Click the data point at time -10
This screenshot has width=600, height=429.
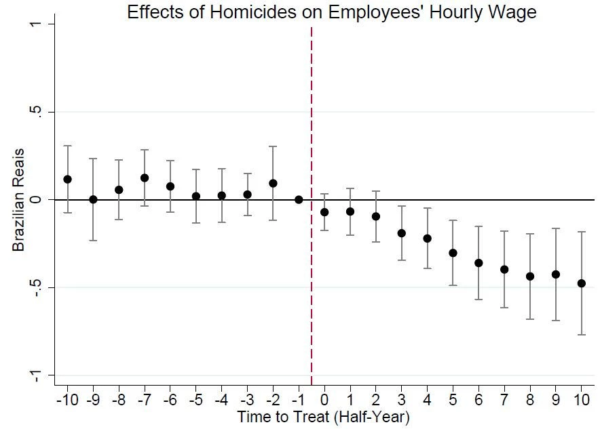67,179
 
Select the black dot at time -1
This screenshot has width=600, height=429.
299,199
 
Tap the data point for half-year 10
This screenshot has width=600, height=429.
581,283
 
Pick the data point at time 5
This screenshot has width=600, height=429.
453,253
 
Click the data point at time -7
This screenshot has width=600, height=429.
145,178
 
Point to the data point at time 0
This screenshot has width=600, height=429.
324,212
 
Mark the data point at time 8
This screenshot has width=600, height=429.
530,276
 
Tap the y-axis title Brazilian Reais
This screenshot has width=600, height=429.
18,200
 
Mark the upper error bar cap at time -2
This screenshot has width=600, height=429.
273,146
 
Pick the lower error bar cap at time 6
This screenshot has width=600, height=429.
479,299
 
